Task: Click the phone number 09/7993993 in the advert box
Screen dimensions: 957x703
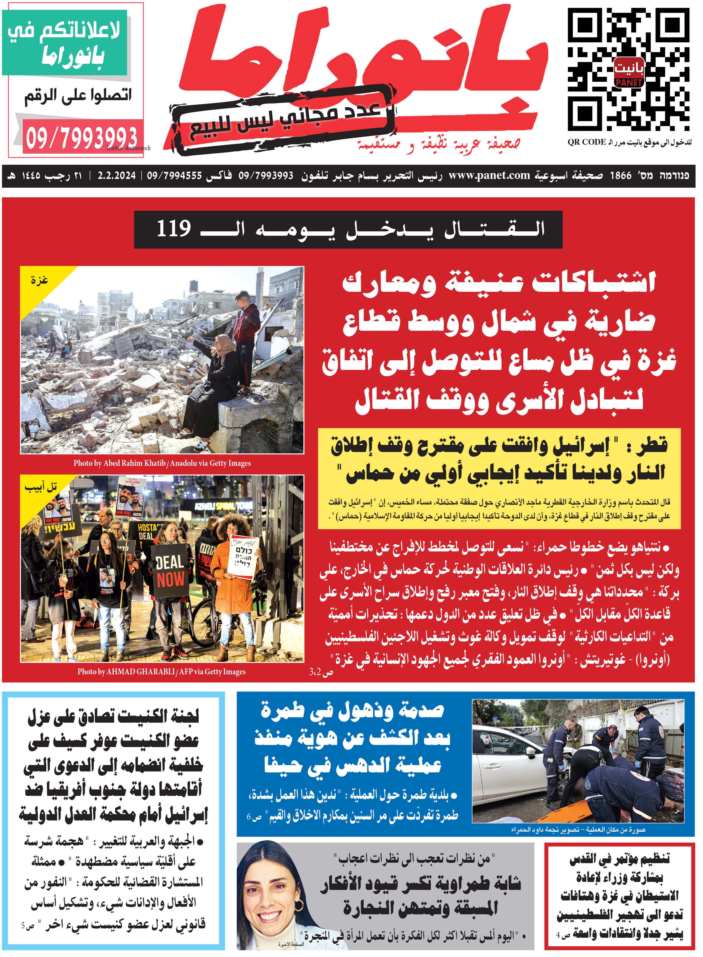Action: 82,138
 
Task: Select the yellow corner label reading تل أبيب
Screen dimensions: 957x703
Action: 40,487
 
